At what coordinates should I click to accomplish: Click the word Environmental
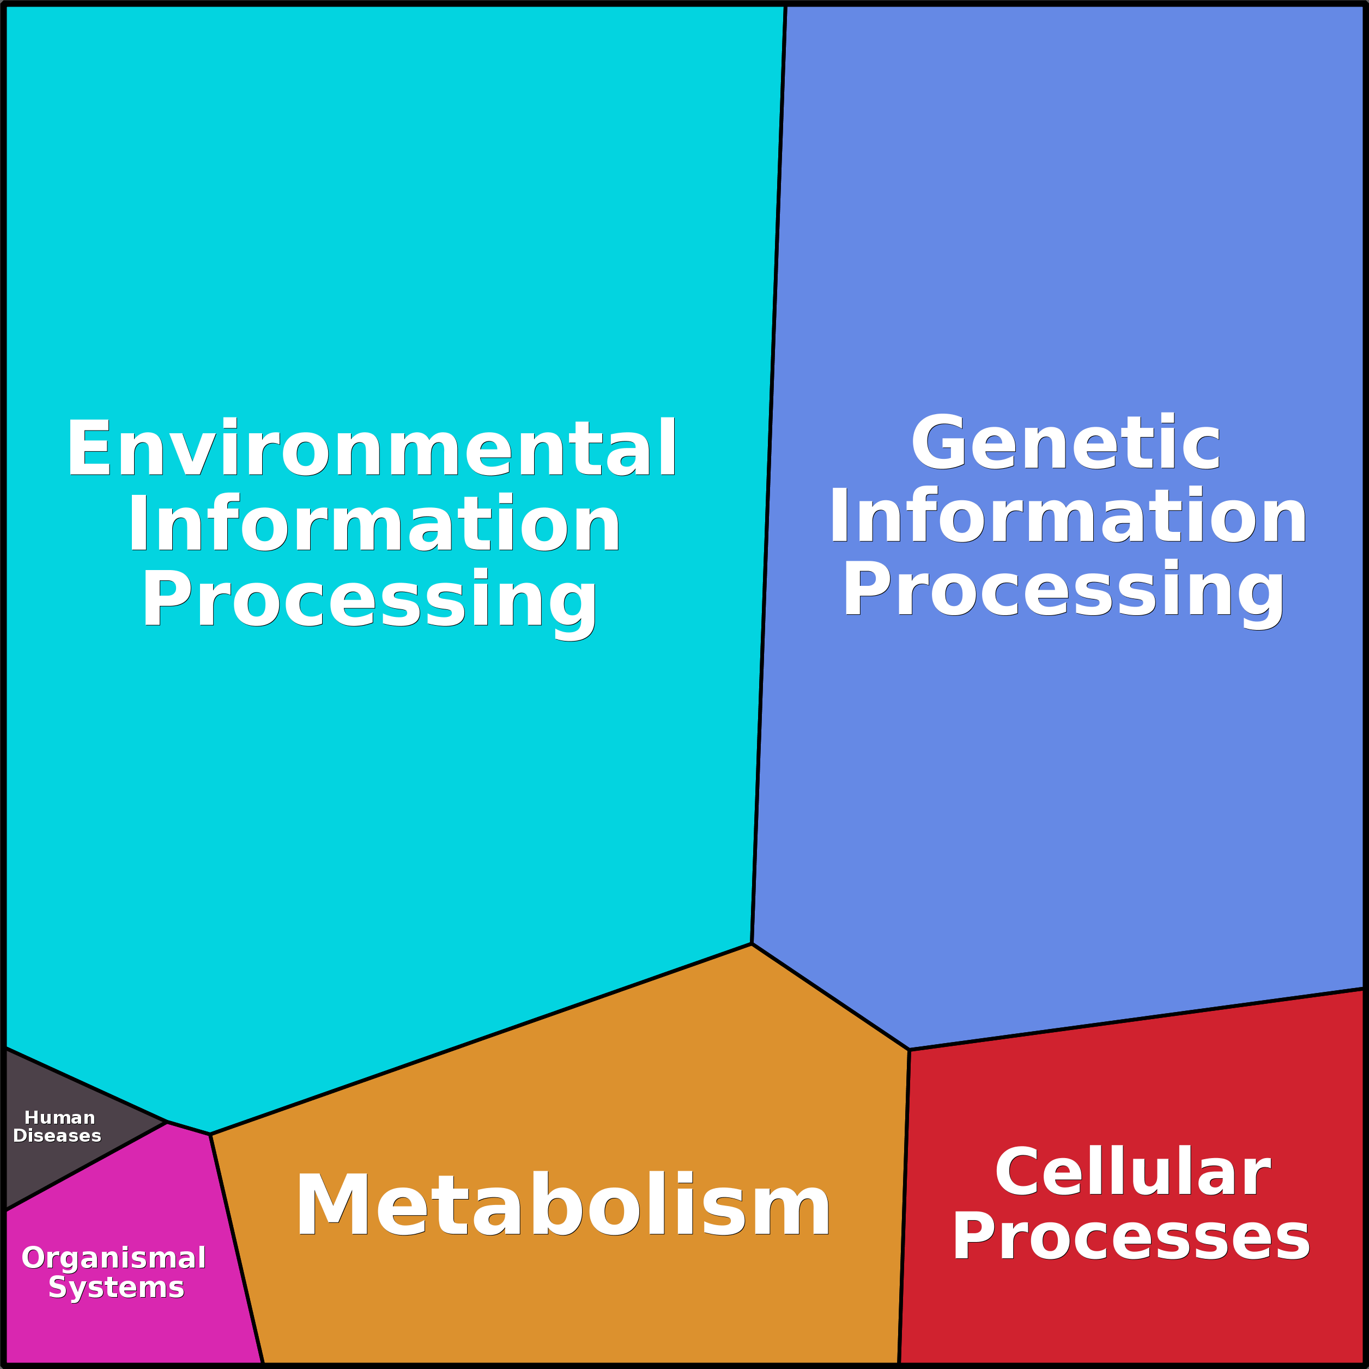coord(371,448)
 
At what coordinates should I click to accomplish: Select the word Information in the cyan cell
coord(373,524)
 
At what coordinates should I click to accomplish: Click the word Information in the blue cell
coord(1068,517)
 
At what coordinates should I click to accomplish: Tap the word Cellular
coord(1132,1172)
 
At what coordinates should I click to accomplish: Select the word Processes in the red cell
coord(1131,1237)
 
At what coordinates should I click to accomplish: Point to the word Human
coord(59,1118)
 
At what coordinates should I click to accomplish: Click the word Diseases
coord(57,1136)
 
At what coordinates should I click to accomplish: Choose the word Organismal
coord(113,1258)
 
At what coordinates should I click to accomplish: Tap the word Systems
coord(116,1287)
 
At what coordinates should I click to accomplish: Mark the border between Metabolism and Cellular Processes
coord(904,1204)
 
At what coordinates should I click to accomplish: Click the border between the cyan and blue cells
coord(769,475)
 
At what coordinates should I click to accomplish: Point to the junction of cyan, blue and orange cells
coord(752,944)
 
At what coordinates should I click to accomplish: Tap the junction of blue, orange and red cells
coord(909,1050)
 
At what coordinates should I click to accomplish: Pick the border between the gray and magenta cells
coord(85,1166)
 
